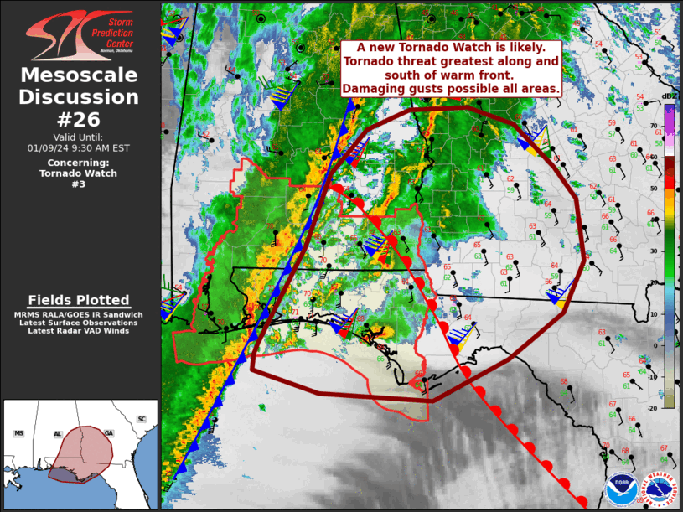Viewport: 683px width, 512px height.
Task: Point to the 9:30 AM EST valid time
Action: [x=80, y=147]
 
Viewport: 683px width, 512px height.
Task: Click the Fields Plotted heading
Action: [x=79, y=300]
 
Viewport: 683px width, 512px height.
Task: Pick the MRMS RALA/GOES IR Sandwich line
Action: [x=79, y=314]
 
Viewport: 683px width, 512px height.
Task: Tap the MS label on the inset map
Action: [x=18, y=433]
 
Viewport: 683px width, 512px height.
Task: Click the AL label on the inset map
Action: [x=58, y=434]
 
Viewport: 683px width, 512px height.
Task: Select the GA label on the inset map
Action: [x=109, y=432]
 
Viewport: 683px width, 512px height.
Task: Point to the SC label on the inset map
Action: [x=141, y=419]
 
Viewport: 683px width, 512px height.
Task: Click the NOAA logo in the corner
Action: [x=620, y=491]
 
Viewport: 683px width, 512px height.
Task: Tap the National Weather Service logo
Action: [x=660, y=491]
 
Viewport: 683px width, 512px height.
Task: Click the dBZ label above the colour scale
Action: [x=669, y=97]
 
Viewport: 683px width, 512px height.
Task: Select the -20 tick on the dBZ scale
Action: [x=654, y=407]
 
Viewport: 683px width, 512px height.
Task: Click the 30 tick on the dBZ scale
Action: [x=655, y=251]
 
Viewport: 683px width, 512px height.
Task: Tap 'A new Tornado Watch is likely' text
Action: [x=451, y=48]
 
